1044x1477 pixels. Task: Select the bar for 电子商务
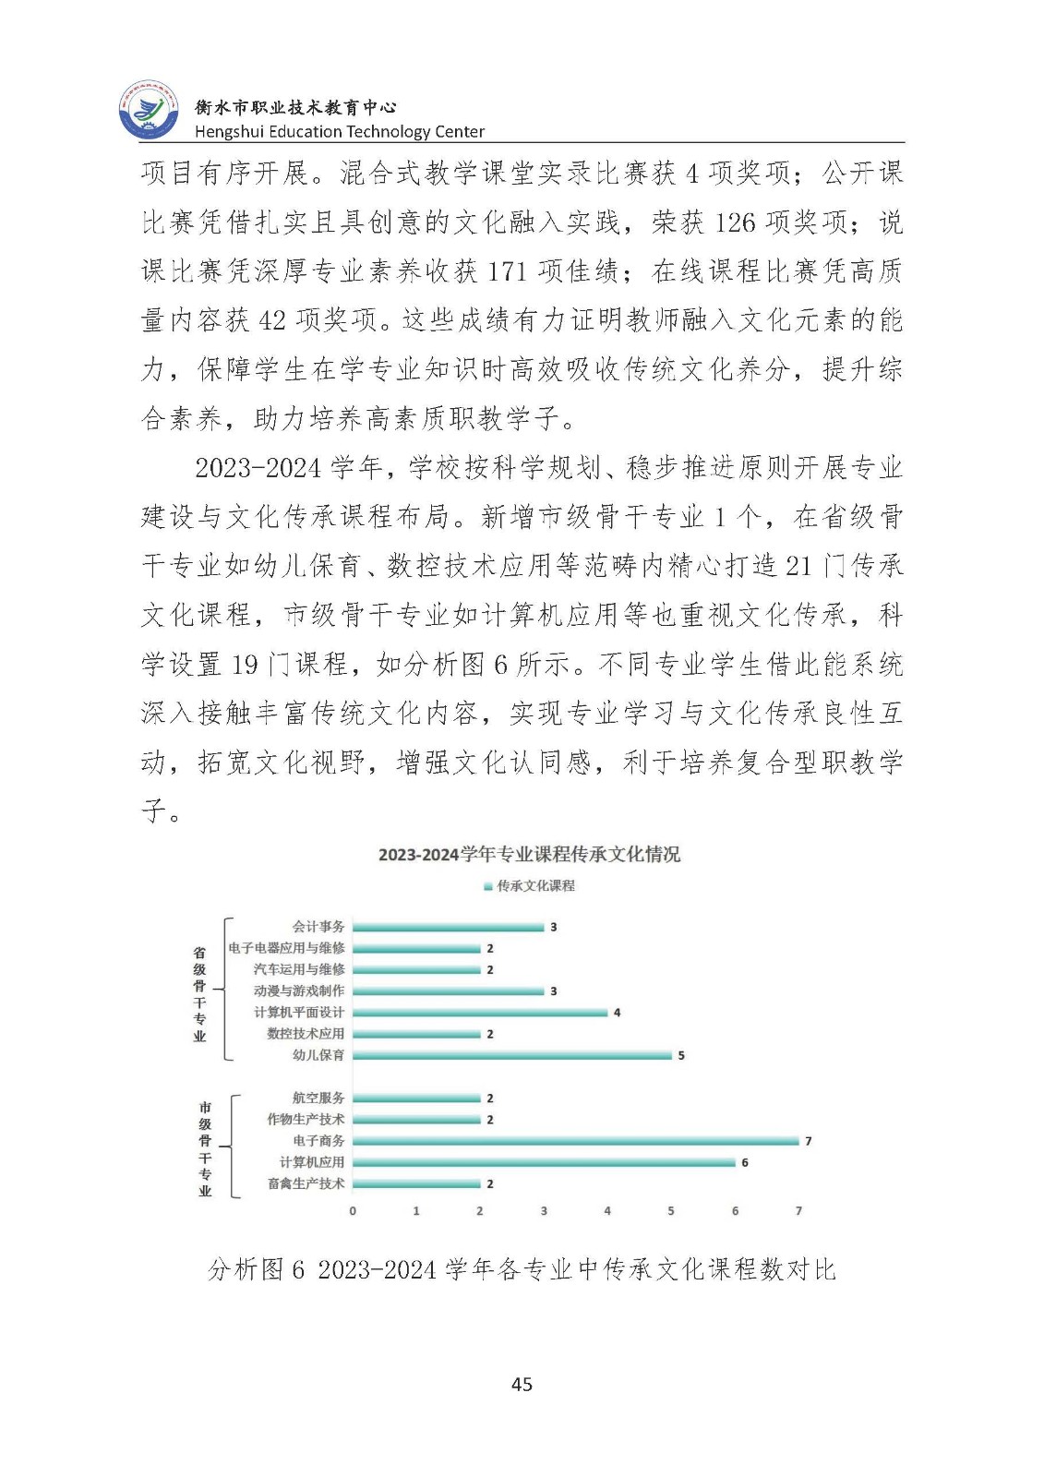click(x=575, y=1141)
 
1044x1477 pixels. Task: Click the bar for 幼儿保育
click(x=511, y=1055)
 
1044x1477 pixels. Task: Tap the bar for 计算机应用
click(x=544, y=1162)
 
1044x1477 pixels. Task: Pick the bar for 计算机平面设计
click(x=480, y=1013)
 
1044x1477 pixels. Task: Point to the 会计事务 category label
click(x=318, y=926)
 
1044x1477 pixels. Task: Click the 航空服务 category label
click(x=318, y=1098)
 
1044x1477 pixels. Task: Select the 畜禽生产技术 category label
click(x=306, y=1183)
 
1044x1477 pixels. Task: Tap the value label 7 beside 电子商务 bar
click(x=809, y=1141)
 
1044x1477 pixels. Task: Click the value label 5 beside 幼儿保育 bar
click(x=681, y=1055)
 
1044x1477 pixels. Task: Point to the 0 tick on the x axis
click(x=353, y=1210)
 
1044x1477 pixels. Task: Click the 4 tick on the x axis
click(x=607, y=1210)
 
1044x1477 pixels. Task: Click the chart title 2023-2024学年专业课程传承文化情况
click(x=529, y=854)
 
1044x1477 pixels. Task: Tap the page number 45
click(x=522, y=1384)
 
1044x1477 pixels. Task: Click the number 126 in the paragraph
click(x=735, y=222)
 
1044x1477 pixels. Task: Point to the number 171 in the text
click(x=507, y=271)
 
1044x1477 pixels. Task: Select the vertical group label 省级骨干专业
click(x=199, y=993)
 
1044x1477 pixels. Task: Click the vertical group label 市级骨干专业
click(x=205, y=1148)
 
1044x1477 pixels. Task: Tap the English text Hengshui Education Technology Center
click(x=339, y=131)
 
